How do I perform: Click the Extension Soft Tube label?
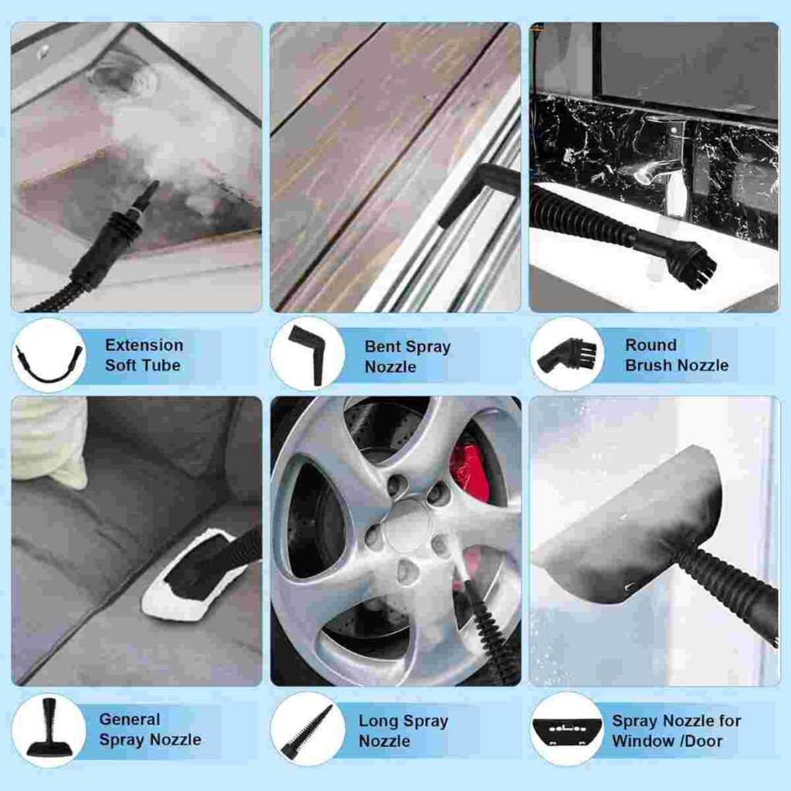point(144,355)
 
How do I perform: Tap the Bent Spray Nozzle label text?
point(408,357)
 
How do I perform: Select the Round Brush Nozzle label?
point(677,355)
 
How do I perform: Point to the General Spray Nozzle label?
point(150,729)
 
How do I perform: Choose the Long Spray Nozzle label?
point(403,731)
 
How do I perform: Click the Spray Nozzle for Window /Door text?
point(676,731)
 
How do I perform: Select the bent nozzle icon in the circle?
point(307,355)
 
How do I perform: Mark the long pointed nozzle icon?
point(307,732)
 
